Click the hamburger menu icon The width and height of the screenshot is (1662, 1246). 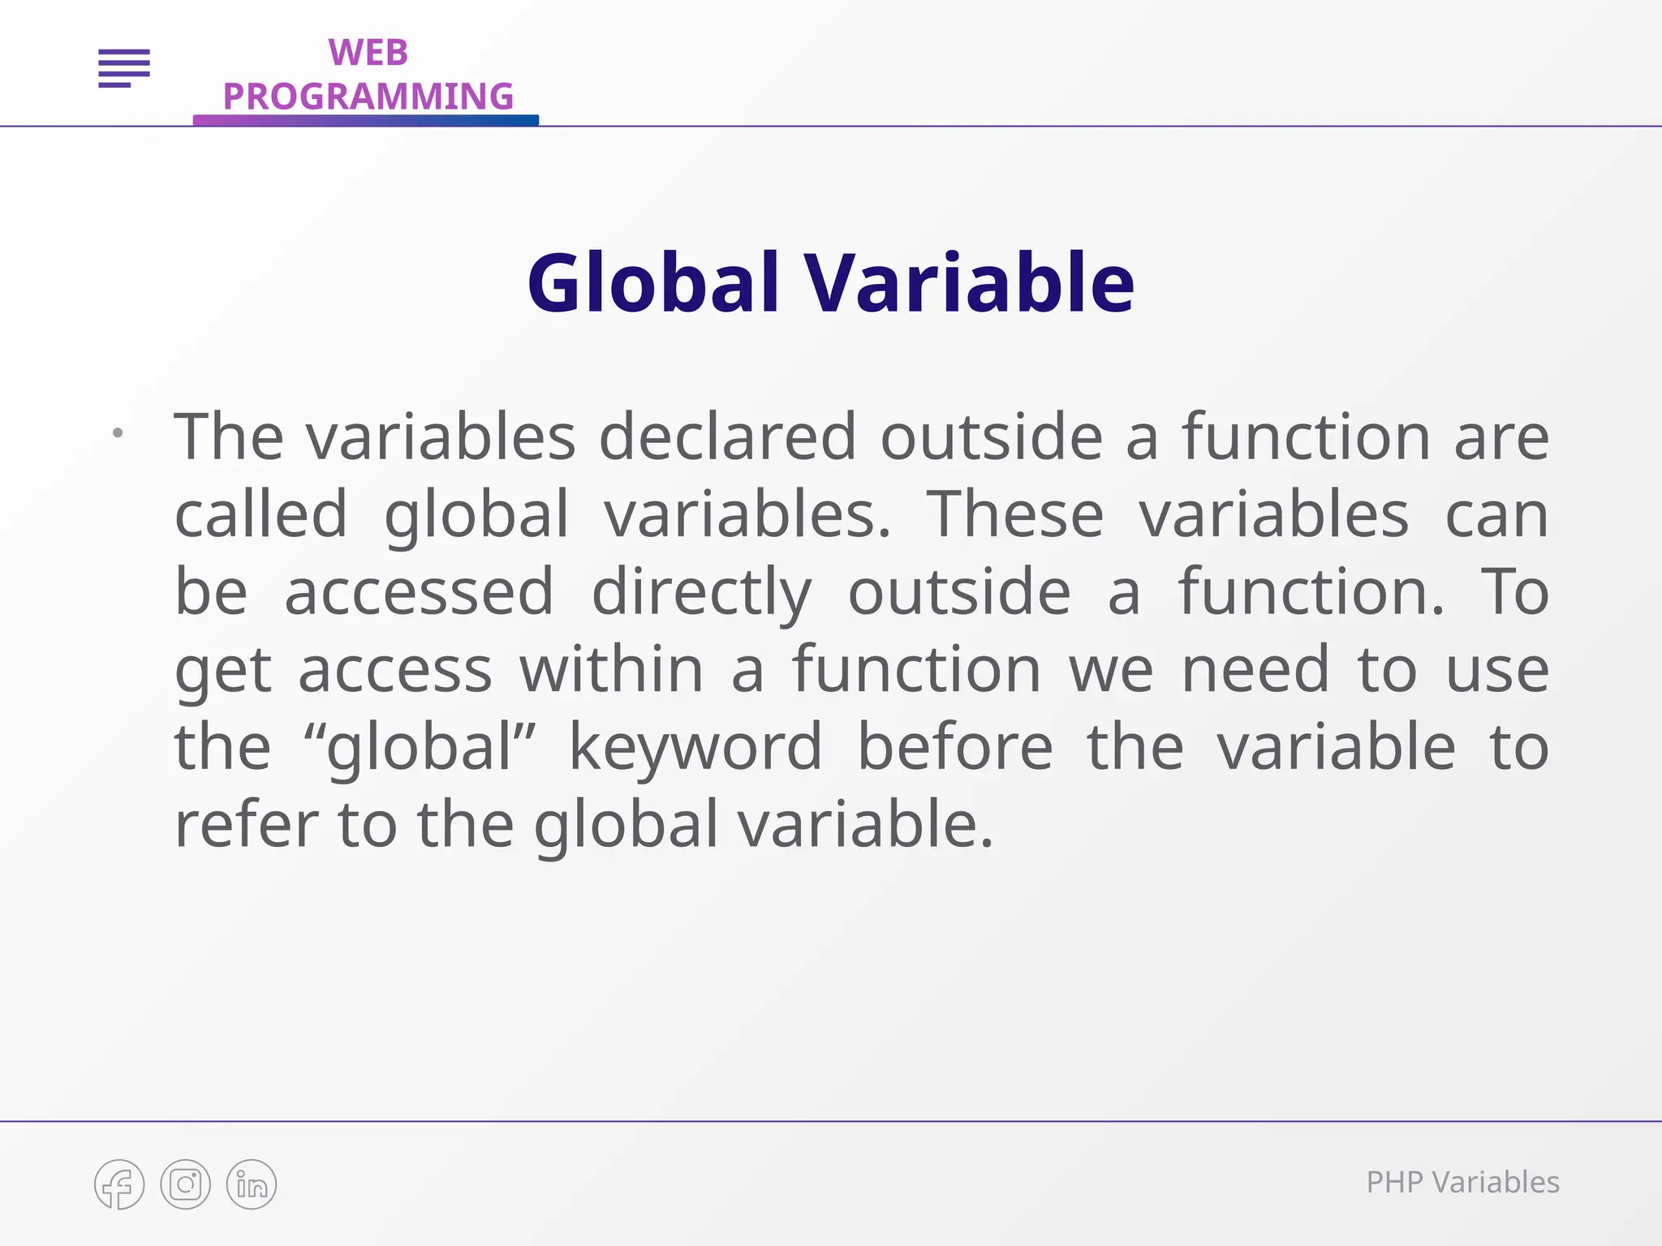point(124,68)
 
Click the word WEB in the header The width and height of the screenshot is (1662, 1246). point(368,53)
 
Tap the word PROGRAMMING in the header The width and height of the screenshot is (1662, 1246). point(368,97)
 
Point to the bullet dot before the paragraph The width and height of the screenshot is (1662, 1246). point(118,433)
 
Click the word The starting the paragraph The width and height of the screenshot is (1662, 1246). point(229,437)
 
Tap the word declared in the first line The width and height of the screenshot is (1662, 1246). point(727,437)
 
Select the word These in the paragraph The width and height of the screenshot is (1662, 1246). point(1015,515)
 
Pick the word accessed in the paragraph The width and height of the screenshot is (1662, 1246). point(419,592)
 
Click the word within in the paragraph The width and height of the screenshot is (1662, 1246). point(611,670)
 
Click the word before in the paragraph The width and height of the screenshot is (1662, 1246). point(955,746)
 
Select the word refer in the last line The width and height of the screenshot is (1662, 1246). point(247,824)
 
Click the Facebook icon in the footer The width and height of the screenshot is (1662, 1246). point(119,1184)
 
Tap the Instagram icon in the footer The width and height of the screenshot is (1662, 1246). point(185,1184)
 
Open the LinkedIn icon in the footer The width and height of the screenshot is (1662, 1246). point(252,1184)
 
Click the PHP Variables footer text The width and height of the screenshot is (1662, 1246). point(1462,1183)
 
